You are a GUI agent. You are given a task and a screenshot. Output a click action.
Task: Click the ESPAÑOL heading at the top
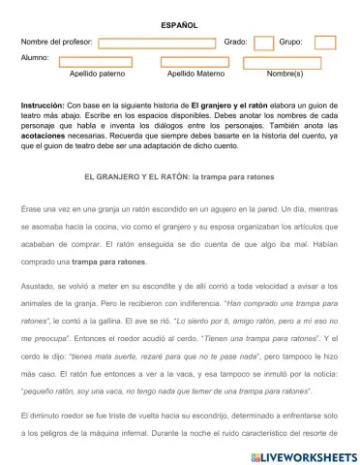(x=179, y=24)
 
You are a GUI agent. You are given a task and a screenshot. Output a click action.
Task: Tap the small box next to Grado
(x=263, y=43)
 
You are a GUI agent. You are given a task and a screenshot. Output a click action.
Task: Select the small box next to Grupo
(x=325, y=43)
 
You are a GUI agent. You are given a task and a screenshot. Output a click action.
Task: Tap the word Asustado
(x=39, y=289)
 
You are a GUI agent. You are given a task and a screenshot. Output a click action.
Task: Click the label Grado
(x=235, y=43)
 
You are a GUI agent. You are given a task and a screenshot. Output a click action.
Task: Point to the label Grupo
(x=290, y=43)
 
